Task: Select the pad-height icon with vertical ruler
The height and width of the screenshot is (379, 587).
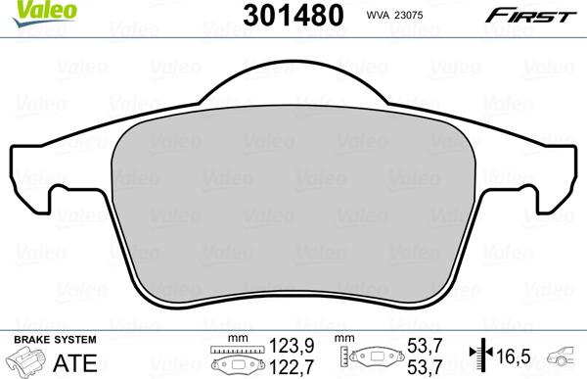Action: tap(372, 357)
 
